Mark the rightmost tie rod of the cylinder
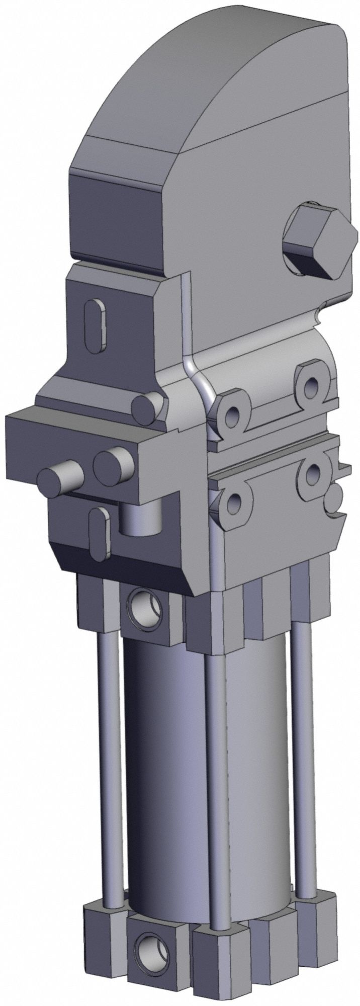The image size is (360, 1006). point(301,724)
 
